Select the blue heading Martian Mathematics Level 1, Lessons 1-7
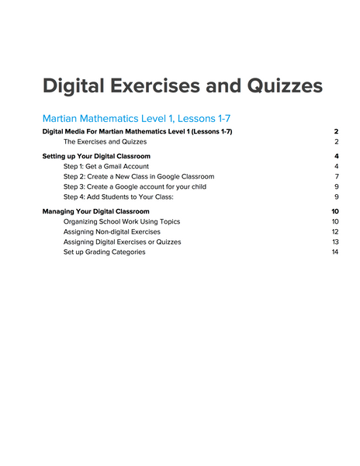tap(137, 119)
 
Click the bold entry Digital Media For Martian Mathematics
tap(137, 132)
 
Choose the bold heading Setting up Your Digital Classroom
tap(96, 156)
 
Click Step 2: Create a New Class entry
tap(139, 176)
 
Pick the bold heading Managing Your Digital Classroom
tap(96, 211)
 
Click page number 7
tap(337, 176)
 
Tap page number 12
tap(335, 231)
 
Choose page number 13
tap(335, 242)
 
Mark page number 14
tap(335, 252)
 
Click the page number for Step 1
tap(337, 166)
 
